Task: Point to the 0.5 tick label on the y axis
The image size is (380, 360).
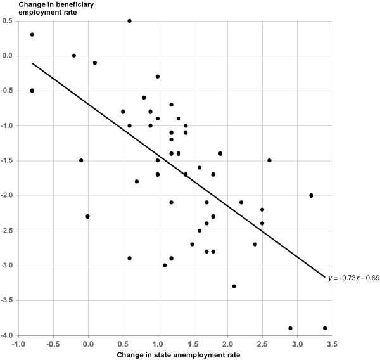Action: click(8, 21)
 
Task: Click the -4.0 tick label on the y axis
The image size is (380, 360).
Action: click(7, 335)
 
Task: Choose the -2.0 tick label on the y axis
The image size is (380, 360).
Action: click(7, 196)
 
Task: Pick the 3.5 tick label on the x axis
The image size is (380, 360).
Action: click(331, 345)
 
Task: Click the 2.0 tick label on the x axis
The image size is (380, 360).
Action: click(227, 345)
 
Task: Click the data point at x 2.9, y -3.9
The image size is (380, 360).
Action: click(290, 328)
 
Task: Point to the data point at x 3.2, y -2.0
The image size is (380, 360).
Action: click(311, 195)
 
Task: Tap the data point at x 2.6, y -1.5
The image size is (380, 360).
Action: click(269, 160)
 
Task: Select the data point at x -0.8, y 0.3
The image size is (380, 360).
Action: click(32, 35)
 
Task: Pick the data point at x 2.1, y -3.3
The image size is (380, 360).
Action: click(234, 286)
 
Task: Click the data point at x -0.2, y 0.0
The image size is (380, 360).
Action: click(74, 56)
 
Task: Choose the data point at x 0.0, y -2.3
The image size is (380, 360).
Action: click(88, 216)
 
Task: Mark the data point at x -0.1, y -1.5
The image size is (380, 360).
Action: click(81, 160)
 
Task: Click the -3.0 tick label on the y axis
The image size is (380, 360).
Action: click(7, 266)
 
